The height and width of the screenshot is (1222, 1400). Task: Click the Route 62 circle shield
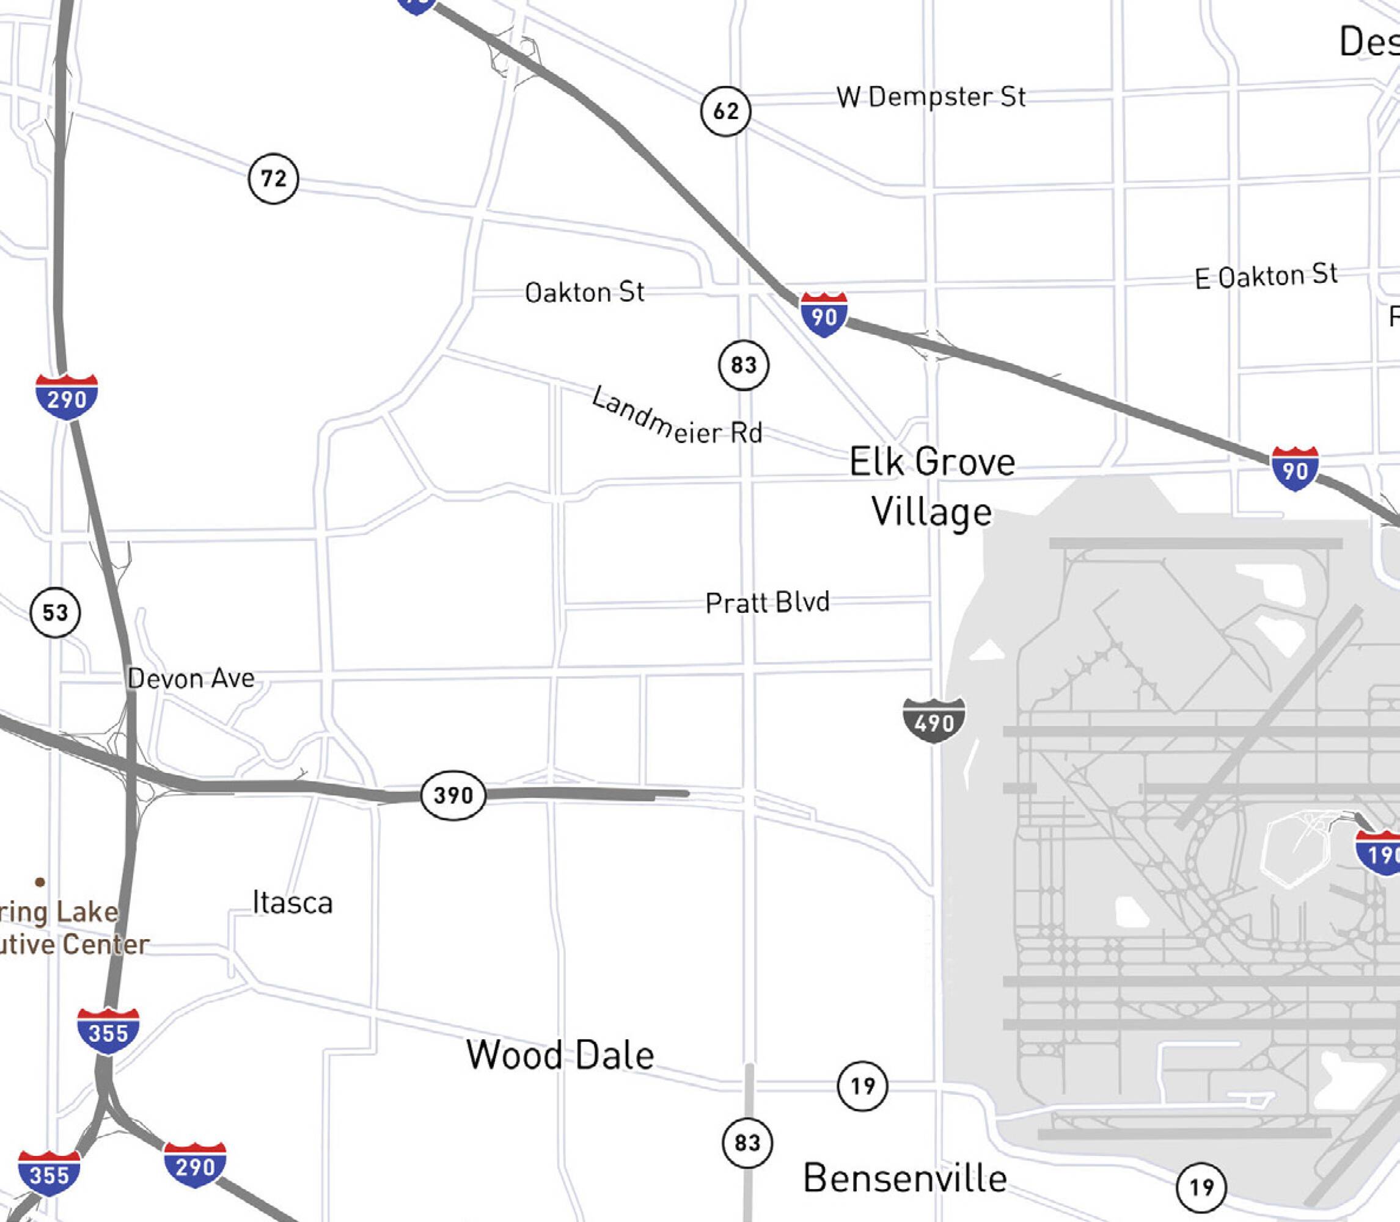725,111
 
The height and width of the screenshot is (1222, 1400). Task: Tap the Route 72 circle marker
273,178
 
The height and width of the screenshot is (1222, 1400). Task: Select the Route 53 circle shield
55,612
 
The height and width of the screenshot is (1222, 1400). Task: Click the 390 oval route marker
453,795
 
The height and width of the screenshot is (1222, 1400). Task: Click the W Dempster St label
931,97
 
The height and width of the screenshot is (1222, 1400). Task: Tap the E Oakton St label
1266,276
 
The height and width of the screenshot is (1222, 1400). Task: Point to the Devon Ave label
191,678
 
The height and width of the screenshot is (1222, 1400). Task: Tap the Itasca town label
293,903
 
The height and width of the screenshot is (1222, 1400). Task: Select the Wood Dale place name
560,1055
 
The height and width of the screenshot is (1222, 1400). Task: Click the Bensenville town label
905,1177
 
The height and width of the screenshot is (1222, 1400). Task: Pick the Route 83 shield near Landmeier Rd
744,365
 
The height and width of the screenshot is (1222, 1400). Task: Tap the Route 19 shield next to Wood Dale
863,1086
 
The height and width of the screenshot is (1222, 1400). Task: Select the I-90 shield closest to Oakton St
824,315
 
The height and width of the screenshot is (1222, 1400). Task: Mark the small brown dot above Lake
40,882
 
